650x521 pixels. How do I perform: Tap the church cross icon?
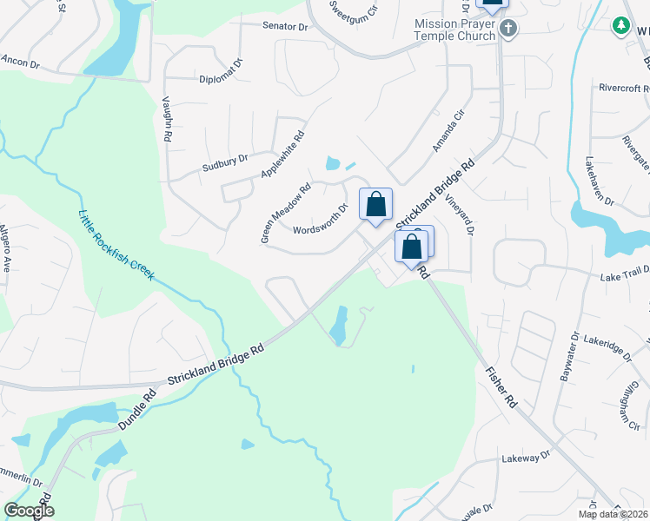(x=509, y=30)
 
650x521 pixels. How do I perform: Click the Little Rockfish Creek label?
(x=116, y=245)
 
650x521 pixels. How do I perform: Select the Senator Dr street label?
(x=286, y=27)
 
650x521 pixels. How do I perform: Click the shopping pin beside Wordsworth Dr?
(x=375, y=206)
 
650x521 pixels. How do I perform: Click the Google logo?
(x=29, y=511)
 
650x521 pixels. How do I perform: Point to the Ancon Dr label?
(x=21, y=61)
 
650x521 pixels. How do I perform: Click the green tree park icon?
(x=621, y=27)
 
